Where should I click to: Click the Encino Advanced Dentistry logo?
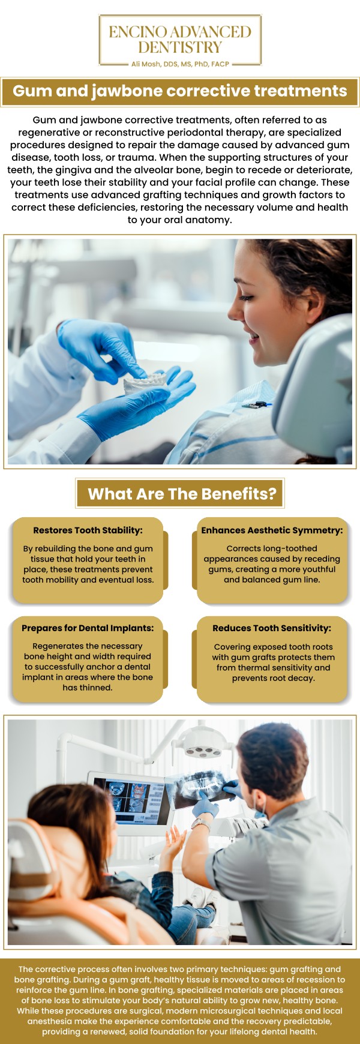point(180,40)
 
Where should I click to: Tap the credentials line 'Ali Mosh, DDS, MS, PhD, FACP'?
point(180,64)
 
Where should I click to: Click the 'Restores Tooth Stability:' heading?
point(88,530)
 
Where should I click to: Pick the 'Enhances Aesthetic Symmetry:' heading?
point(272,530)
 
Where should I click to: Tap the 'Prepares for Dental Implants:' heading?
point(88,628)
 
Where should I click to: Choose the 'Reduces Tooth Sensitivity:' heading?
point(272,628)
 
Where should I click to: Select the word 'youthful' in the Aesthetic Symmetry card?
point(319,569)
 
